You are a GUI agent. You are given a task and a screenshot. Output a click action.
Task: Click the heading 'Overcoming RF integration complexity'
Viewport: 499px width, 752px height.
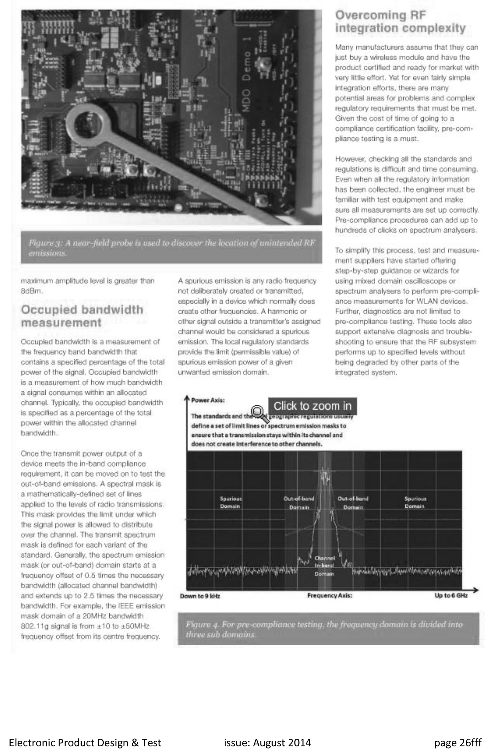tap(400, 22)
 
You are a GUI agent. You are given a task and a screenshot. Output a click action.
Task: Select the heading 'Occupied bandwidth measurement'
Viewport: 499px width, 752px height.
tap(82, 316)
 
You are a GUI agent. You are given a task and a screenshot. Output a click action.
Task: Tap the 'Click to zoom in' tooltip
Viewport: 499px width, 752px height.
tap(312, 406)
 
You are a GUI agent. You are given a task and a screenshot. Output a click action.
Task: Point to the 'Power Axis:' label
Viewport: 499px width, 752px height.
tap(208, 400)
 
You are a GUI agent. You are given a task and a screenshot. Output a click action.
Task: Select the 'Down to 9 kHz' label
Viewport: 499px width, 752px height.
tap(200, 596)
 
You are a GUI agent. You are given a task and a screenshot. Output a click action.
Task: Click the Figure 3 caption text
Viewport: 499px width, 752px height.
tap(171, 248)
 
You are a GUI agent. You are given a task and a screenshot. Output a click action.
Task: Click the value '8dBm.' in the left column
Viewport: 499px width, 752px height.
tap(32, 291)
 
